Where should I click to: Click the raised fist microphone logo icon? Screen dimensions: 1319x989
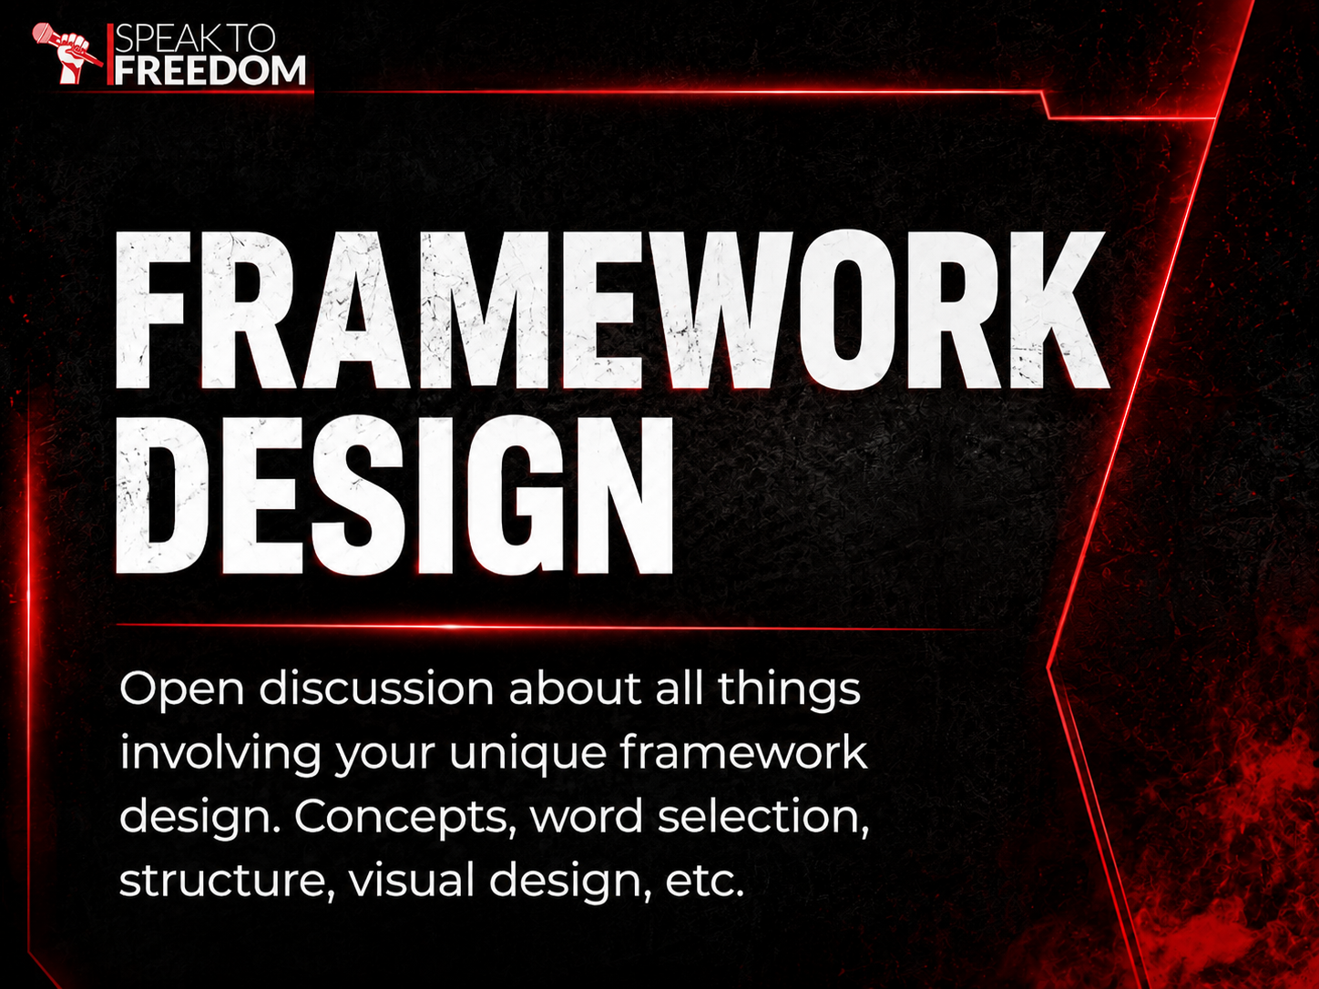(x=66, y=53)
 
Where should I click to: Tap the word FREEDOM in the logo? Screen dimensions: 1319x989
(x=210, y=70)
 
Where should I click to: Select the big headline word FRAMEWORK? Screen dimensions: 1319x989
(x=612, y=310)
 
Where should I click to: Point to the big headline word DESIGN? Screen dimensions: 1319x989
(x=394, y=494)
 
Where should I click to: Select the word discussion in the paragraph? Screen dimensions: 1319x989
(x=376, y=688)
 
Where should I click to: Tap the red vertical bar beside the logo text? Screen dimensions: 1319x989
(x=110, y=55)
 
